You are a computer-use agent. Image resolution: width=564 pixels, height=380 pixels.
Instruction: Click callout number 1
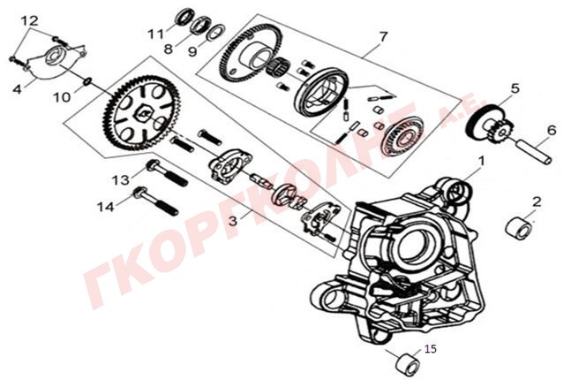click(x=482, y=161)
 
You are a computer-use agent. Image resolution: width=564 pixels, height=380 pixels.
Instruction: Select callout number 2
click(x=536, y=201)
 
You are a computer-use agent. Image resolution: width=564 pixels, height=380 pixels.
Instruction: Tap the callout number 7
click(x=382, y=37)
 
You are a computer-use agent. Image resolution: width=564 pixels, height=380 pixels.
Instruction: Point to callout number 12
click(x=28, y=19)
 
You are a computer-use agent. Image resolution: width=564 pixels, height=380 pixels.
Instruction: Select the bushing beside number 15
click(x=403, y=361)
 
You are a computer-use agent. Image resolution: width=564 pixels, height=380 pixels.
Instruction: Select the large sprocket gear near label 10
click(x=136, y=114)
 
